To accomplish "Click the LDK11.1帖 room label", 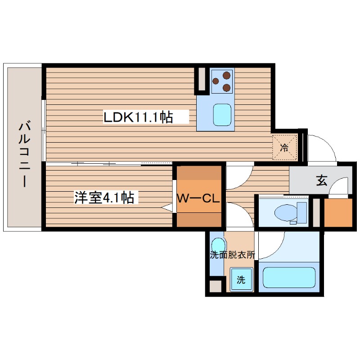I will pyautogui.click(x=138, y=118).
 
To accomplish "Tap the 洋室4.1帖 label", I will pyautogui.click(x=104, y=198).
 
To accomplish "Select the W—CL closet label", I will pyautogui.click(x=198, y=198).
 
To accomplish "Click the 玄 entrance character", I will pyautogui.click(x=321, y=180).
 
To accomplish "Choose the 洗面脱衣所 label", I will pyautogui.click(x=232, y=255).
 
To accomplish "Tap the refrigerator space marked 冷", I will pyautogui.click(x=284, y=147).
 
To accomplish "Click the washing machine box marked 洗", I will pyautogui.click(x=241, y=279).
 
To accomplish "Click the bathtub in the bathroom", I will pyautogui.click(x=289, y=277).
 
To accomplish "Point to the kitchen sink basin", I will pyautogui.click(x=222, y=115).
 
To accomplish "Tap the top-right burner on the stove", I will pyautogui.click(x=227, y=76).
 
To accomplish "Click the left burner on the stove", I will pyautogui.click(x=216, y=81).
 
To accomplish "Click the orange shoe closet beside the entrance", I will pyautogui.click(x=337, y=212).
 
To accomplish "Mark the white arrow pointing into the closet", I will pyautogui.click(x=167, y=208).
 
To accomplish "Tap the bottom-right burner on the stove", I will pyautogui.click(x=227, y=87).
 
